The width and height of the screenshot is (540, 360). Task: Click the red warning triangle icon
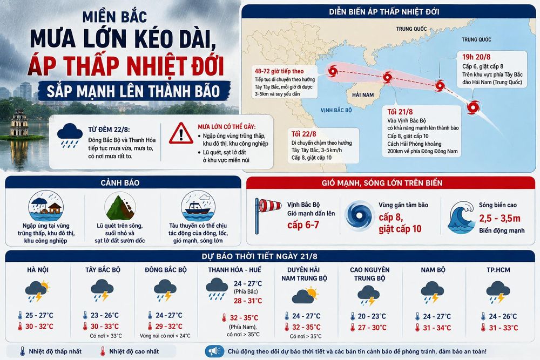[181, 133]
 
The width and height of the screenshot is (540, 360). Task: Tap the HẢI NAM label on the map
[363, 94]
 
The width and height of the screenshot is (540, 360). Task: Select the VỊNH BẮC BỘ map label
[336, 110]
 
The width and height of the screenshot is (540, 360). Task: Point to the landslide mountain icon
[120, 207]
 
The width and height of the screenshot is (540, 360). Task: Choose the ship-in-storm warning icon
[198, 207]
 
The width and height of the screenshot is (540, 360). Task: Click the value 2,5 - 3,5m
[500, 218]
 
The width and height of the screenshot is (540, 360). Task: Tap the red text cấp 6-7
[303, 225]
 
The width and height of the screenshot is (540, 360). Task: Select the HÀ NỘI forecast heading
[38, 270]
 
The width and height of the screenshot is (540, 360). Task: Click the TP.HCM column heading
[498, 270]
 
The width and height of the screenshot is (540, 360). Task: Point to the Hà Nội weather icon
[38, 291]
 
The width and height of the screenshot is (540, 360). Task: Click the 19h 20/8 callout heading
[476, 57]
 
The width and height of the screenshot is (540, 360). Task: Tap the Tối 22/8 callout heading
[303, 134]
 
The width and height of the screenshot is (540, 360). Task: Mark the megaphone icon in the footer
[214, 351]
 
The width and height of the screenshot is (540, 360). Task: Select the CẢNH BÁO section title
[120, 183]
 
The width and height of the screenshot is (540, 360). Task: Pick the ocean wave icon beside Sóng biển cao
[462, 218]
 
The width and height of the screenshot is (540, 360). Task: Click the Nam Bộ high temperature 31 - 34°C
[437, 328]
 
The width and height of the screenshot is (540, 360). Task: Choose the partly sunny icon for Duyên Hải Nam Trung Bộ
[305, 295]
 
